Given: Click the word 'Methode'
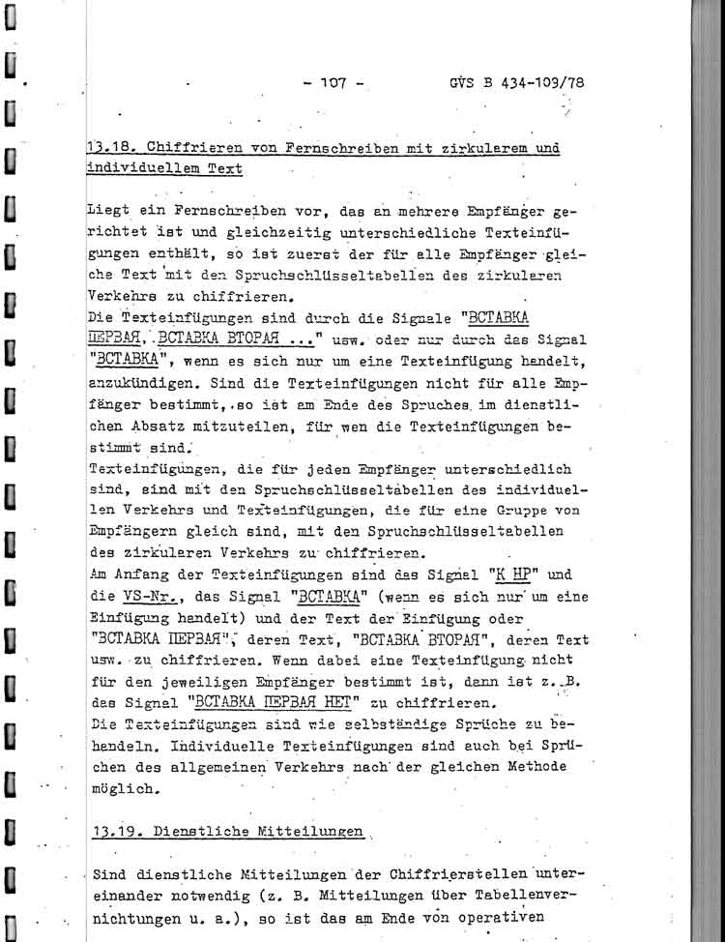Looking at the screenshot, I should click(513, 769).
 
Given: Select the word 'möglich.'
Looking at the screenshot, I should click(123, 790).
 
